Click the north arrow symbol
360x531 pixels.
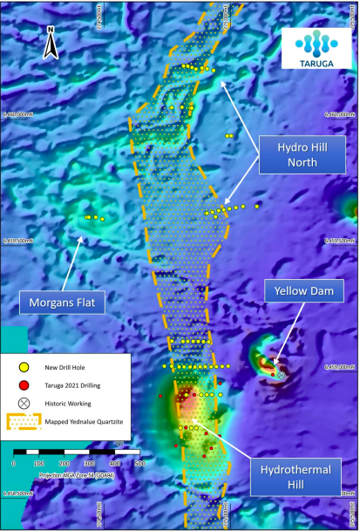[x=51, y=38]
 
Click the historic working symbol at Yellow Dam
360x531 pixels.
[x=282, y=374]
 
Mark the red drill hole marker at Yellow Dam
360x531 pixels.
[x=274, y=374]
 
